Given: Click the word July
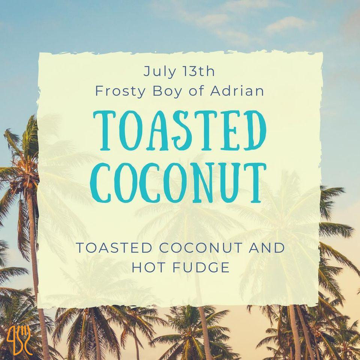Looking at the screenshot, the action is click(x=159, y=72).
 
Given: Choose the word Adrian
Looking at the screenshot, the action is click(x=237, y=91).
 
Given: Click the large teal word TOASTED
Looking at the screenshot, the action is click(x=180, y=130).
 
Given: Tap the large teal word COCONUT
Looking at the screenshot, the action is click(x=178, y=183).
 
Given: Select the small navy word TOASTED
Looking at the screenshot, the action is click(x=114, y=247).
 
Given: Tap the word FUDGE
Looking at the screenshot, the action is click(x=201, y=267).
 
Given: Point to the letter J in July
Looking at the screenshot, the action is click(x=147, y=72).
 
